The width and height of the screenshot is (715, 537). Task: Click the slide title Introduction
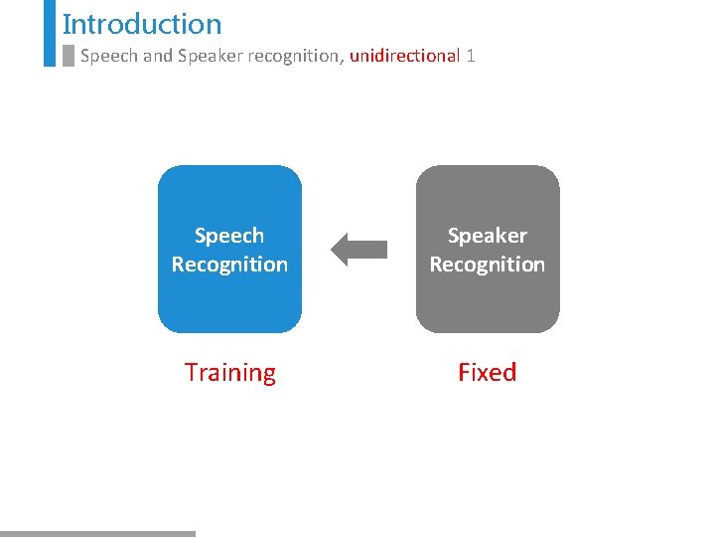[x=142, y=24]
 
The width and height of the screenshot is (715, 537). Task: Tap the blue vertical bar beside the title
[x=50, y=32]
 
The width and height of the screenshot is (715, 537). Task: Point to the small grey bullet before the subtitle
[x=68, y=56]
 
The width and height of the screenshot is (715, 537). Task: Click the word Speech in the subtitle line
[x=108, y=56]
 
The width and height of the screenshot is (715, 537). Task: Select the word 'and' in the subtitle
[x=157, y=56]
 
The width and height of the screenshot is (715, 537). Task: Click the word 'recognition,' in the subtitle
[x=295, y=56]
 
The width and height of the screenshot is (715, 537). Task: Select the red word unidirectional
[x=404, y=56]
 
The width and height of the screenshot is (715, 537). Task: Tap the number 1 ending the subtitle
[x=471, y=56]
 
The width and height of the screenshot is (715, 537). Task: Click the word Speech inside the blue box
[x=229, y=236]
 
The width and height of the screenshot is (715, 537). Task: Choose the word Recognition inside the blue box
[x=229, y=265]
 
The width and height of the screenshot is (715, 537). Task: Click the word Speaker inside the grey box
[x=487, y=236]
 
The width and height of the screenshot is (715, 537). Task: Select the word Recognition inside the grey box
[x=487, y=265]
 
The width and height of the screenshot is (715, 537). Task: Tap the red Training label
[x=229, y=373]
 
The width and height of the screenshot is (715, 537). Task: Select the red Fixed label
[x=487, y=373]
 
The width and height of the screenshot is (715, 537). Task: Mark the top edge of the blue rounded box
[x=229, y=167]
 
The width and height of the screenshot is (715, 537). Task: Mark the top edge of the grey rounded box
[x=487, y=167]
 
